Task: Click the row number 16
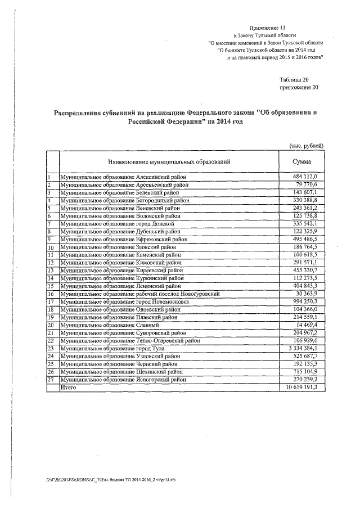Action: (x=50, y=294)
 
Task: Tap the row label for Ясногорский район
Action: (x=123, y=380)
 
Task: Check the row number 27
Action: (x=50, y=380)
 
